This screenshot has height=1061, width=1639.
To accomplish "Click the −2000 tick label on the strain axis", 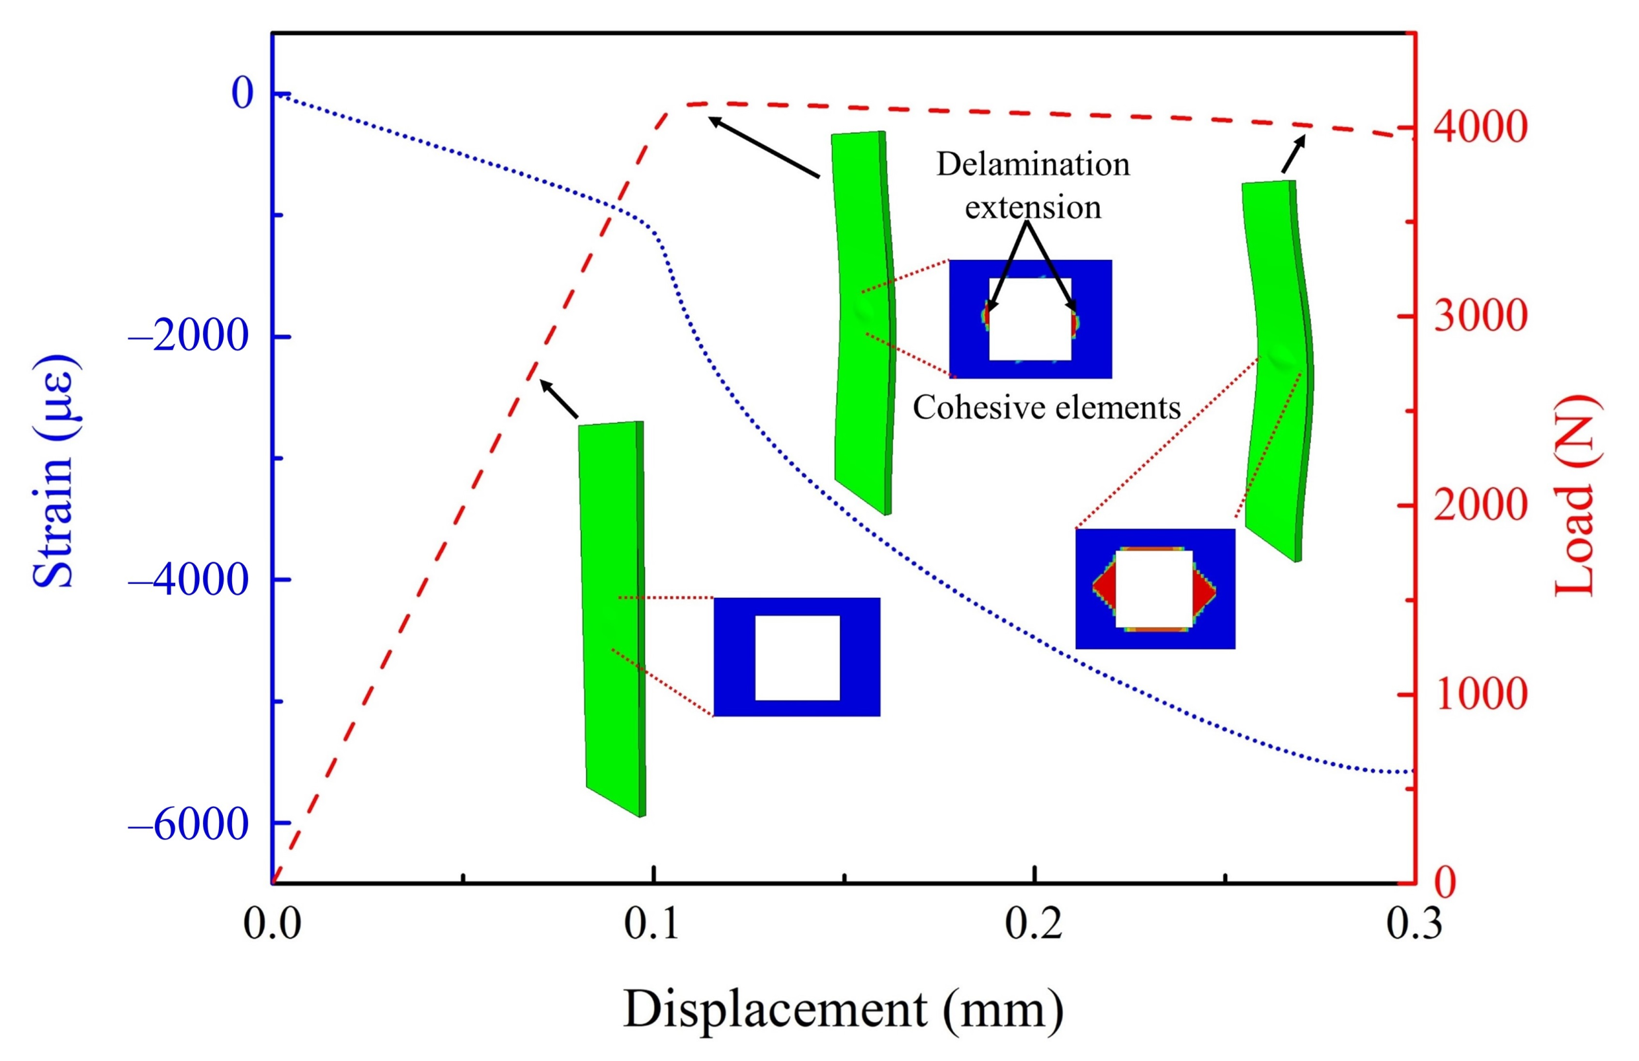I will [x=187, y=337].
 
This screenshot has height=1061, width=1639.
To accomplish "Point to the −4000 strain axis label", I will [x=187, y=579].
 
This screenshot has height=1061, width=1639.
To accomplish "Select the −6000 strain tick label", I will [x=187, y=824].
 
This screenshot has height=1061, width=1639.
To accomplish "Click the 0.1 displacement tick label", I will [x=651, y=925].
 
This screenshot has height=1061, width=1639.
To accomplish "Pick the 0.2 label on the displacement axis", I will [x=1033, y=925].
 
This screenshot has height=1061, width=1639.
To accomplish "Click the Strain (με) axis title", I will [x=54, y=472].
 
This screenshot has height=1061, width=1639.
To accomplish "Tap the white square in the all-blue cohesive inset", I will [x=798, y=658].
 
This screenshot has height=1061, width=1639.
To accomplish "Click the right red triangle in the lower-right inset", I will [x=1202, y=589].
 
